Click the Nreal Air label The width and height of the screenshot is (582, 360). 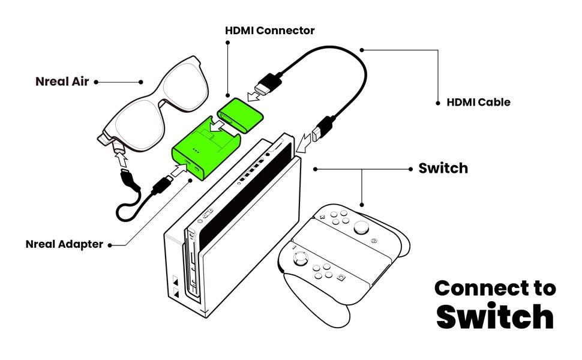coord(62,81)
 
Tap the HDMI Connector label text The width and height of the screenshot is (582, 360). coord(270,31)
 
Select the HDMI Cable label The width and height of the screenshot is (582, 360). coord(478,102)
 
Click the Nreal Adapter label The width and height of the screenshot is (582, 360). coord(64,244)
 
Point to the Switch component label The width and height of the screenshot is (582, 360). coord(443,168)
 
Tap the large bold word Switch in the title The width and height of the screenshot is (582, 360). coord(495,316)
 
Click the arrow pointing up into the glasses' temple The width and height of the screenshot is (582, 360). coord(121,160)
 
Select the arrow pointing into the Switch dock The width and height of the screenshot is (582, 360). coord(303,143)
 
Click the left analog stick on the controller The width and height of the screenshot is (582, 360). coord(301,259)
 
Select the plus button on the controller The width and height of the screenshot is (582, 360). coord(322,217)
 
